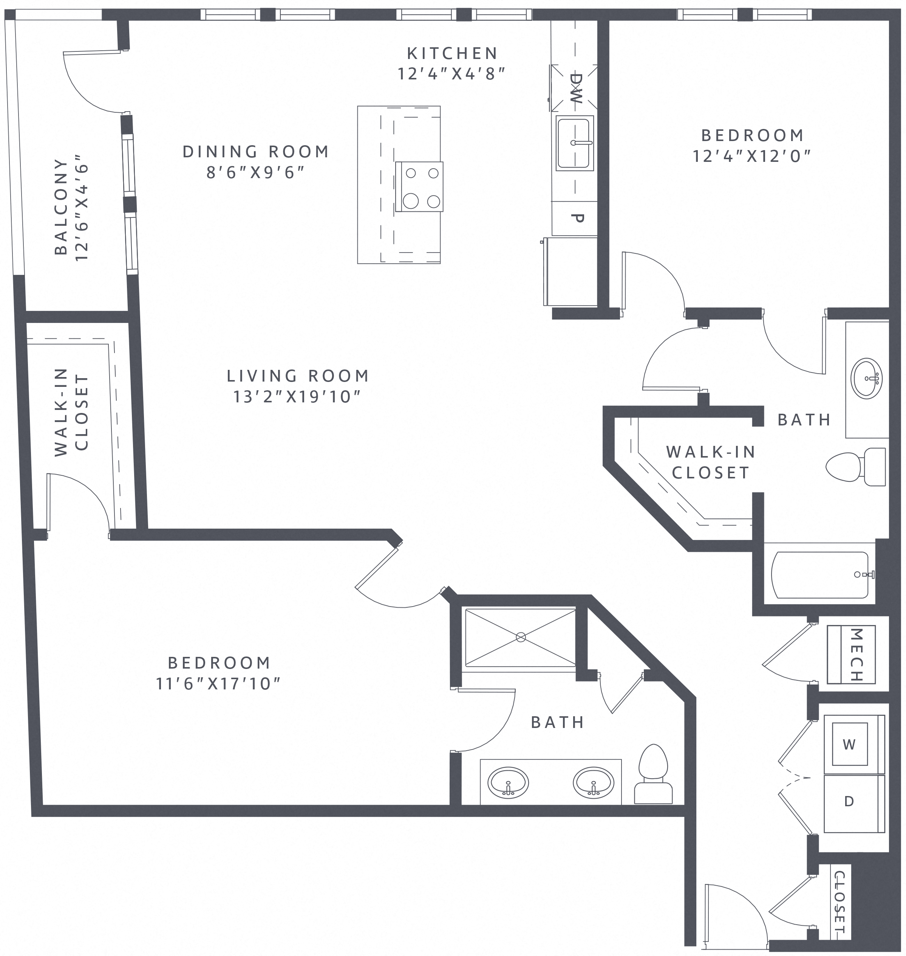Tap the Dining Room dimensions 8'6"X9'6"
(x=256, y=172)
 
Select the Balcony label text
(x=61, y=206)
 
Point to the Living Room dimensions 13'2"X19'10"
(x=297, y=397)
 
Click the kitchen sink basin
(x=574, y=143)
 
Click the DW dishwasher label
(x=576, y=88)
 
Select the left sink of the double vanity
(x=508, y=783)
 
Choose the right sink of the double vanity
(x=594, y=783)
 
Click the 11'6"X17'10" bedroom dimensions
(x=218, y=683)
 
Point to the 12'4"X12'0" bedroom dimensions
(x=752, y=156)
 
